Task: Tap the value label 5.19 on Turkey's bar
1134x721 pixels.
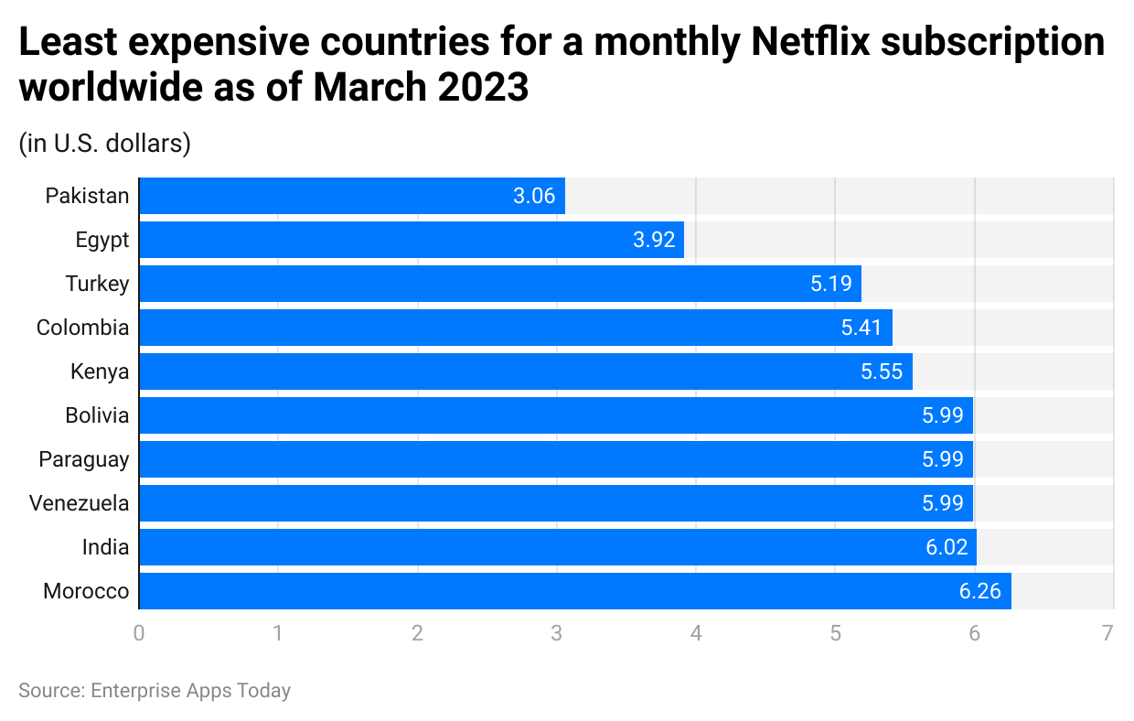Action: click(830, 284)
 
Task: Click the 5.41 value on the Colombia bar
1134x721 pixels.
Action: click(861, 328)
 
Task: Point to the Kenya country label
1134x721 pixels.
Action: click(100, 371)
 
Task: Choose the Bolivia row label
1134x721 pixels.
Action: click(97, 415)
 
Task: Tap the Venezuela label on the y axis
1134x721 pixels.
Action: click(79, 503)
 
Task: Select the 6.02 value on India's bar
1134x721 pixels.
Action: click(946, 547)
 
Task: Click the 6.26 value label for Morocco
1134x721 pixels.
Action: click(980, 591)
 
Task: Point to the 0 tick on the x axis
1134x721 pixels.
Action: click(139, 633)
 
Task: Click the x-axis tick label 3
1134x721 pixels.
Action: click(556, 633)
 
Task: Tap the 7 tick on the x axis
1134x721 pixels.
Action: click(1107, 633)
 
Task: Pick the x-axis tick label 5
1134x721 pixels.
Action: click(835, 633)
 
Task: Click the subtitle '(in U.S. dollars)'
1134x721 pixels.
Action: click(104, 144)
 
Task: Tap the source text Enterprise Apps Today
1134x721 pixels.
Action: click(190, 691)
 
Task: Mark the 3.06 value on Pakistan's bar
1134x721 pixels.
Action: click(534, 196)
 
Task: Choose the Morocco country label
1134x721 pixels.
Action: click(86, 591)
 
